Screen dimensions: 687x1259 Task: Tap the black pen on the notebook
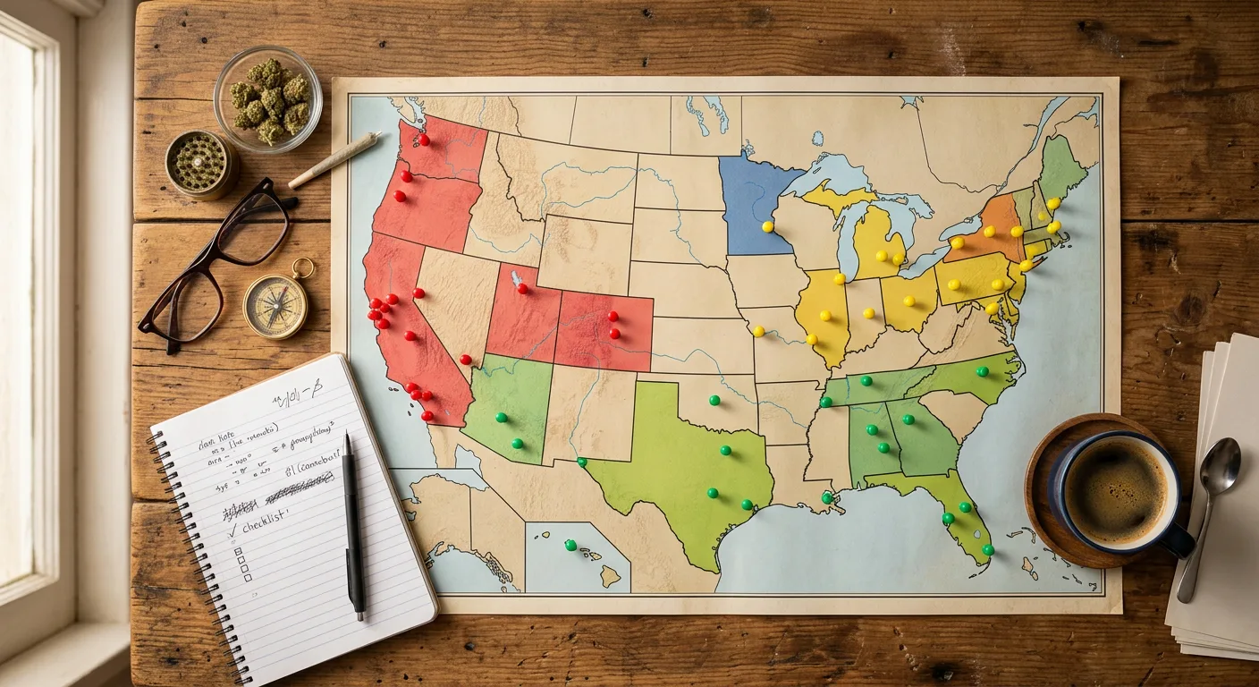pos(353,528)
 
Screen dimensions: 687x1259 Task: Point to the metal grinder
pos(199,164)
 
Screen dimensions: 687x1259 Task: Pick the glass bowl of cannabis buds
pos(268,98)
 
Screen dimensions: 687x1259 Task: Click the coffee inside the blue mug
pos(1115,490)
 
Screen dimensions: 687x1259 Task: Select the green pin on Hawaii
pos(570,545)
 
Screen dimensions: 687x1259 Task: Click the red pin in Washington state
pos(424,140)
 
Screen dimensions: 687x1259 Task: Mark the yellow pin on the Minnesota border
pos(767,227)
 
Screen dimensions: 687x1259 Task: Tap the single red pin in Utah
pos(522,288)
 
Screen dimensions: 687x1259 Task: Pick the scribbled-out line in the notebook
pos(299,488)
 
